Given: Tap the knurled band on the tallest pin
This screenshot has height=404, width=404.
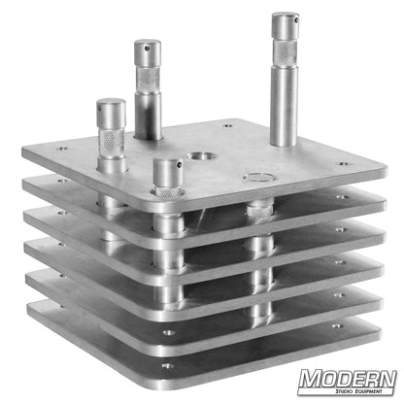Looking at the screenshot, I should (x=285, y=53).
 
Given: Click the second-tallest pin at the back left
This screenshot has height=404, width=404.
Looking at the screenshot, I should (x=148, y=87).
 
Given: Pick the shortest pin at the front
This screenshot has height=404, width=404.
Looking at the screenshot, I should (x=169, y=185).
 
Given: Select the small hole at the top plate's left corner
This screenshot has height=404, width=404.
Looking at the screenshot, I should (x=63, y=150).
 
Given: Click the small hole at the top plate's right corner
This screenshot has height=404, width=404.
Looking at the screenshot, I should (x=342, y=164).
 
